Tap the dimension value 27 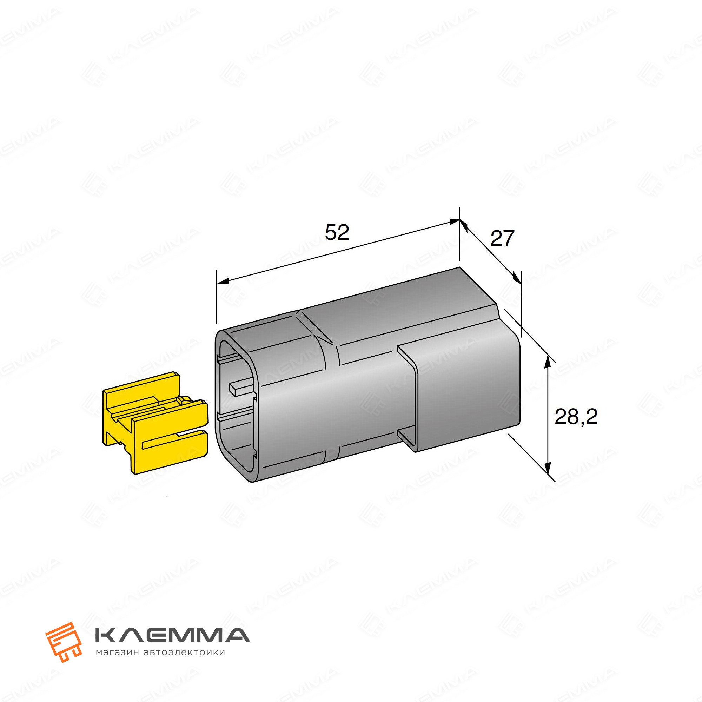click(x=502, y=238)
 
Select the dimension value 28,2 click(x=576, y=417)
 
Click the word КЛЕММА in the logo click(x=172, y=635)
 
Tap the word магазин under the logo click(x=117, y=653)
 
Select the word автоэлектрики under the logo click(x=184, y=653)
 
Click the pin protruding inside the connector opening click(x=242, y=388)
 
